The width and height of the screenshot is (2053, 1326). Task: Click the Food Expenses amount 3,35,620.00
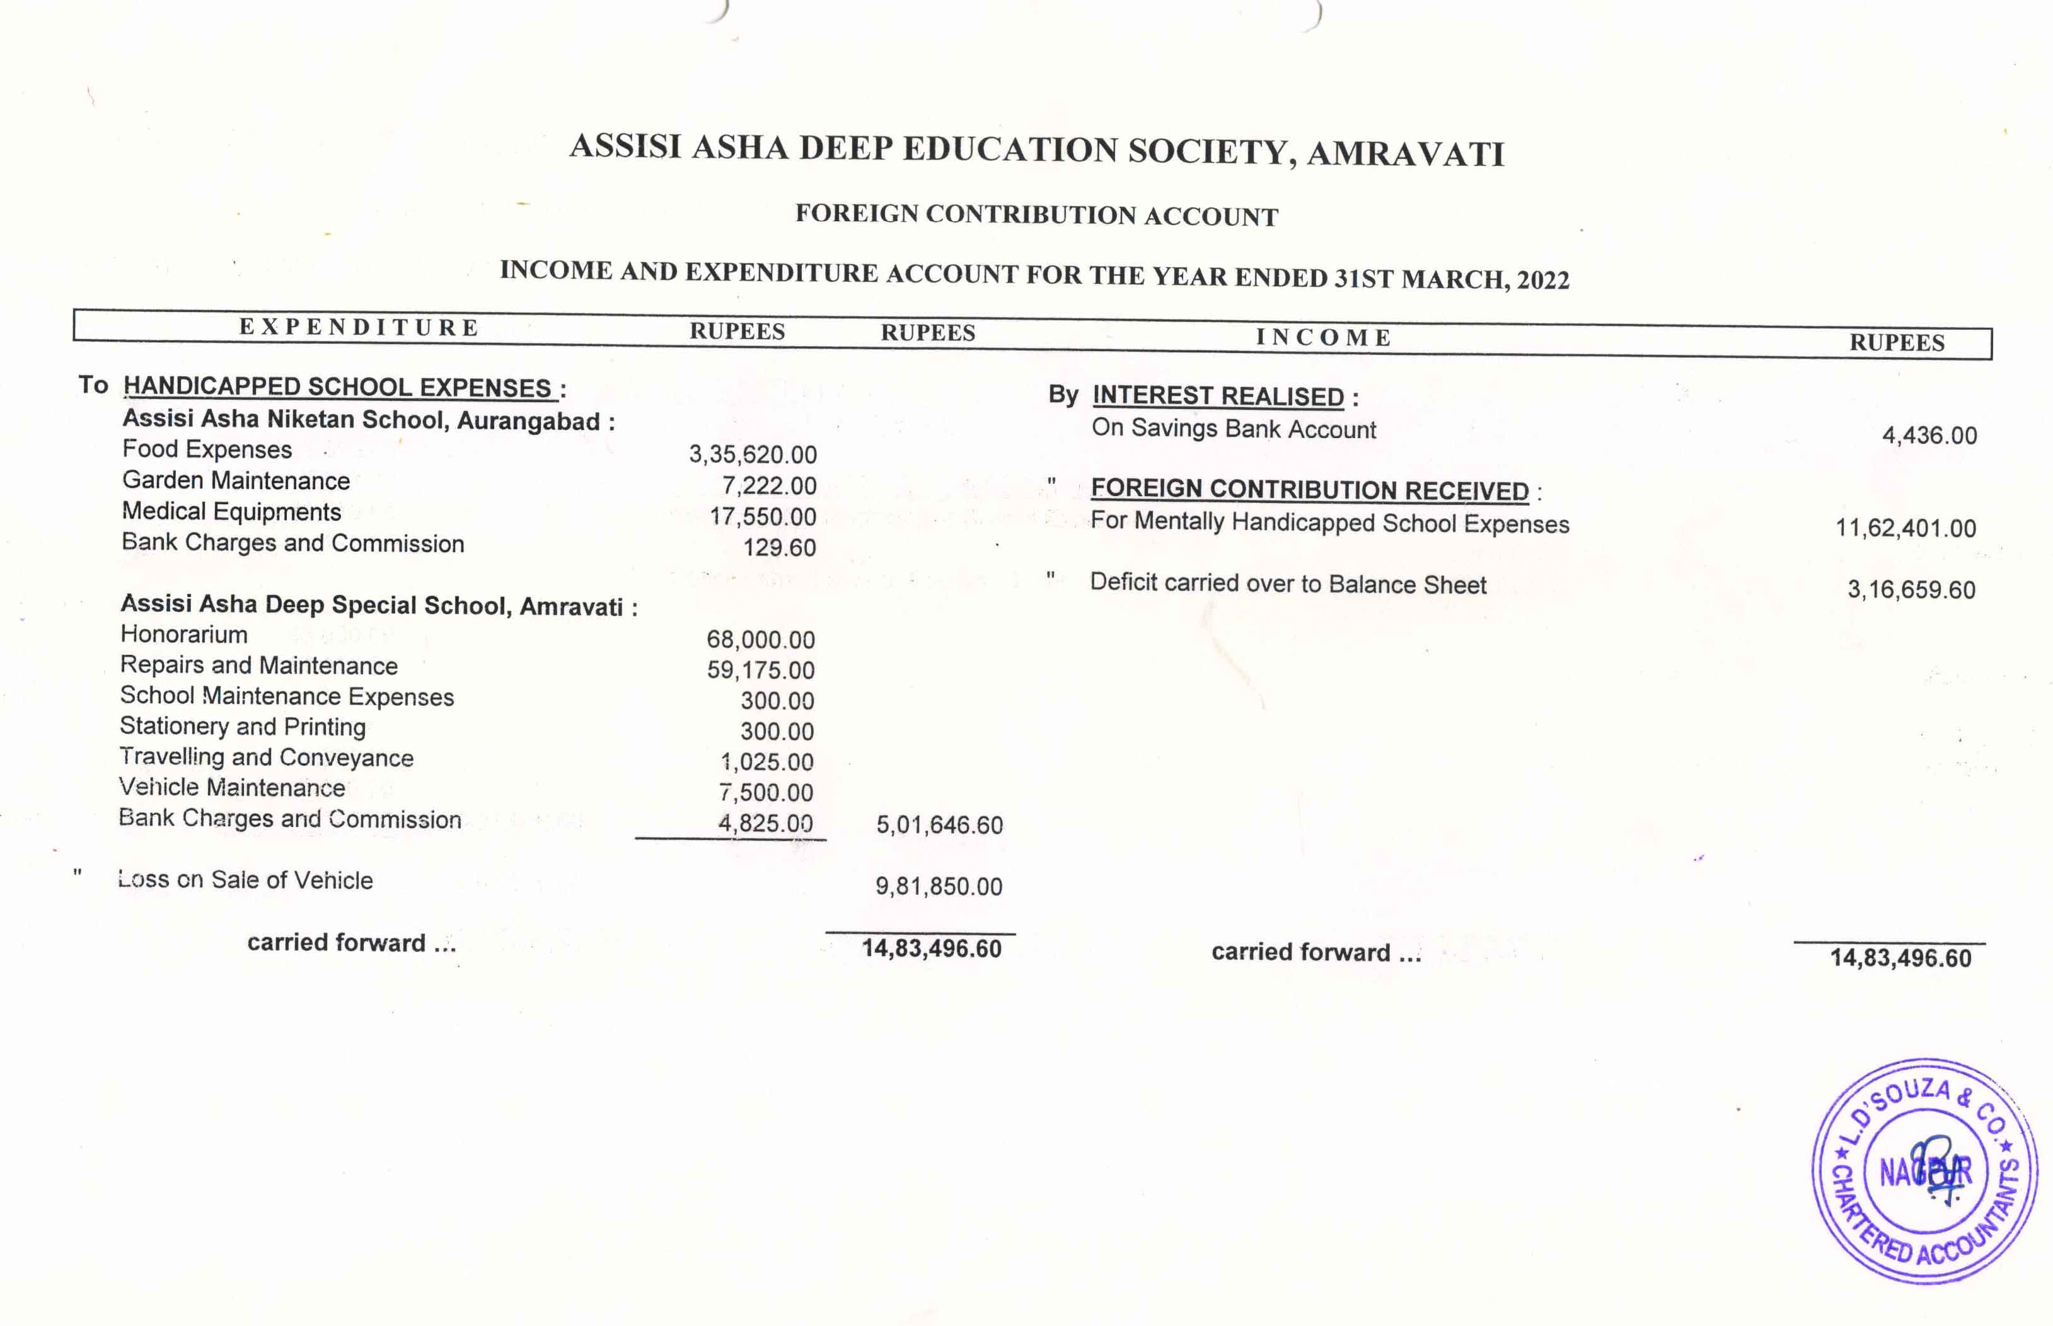(752, 454)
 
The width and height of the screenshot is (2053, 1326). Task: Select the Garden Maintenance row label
(236, 480)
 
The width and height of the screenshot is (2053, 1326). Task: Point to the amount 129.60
(778, 547)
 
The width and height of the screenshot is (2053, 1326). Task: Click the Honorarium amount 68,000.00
(760, 639)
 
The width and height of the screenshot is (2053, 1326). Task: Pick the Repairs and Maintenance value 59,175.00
(760, 670)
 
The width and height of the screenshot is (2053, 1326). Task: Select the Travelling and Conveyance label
(266, 758)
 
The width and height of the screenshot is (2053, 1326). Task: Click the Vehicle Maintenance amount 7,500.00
(766, 792)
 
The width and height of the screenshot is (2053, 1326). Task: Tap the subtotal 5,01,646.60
(940, 825)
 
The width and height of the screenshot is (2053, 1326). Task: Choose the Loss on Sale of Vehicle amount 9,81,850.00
(939, 886)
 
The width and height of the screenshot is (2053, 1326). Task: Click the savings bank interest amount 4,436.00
(1929, 435)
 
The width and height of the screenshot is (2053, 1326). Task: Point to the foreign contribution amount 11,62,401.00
(1905, 528)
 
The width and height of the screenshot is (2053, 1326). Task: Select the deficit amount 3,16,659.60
(1911, 590)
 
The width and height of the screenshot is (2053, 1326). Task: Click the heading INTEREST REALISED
(1218, 396)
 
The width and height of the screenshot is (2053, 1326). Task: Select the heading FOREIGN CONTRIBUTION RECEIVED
(1309, 489)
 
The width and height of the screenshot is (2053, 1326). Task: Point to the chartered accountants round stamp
(1924, 1171)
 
